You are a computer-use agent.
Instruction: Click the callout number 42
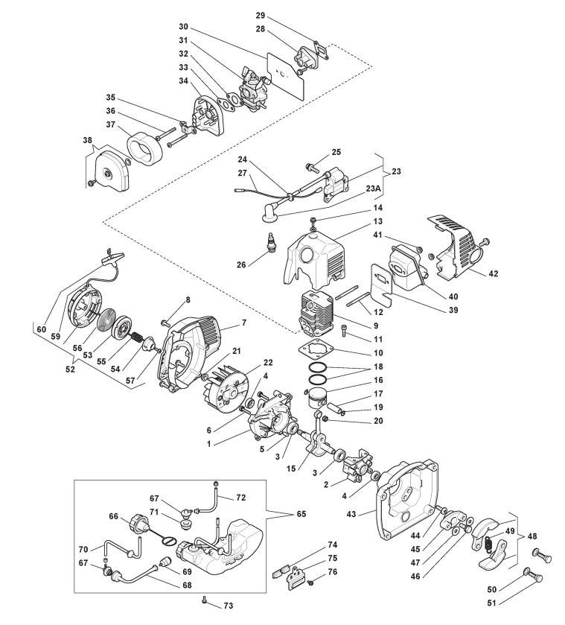[x=493, y=273]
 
